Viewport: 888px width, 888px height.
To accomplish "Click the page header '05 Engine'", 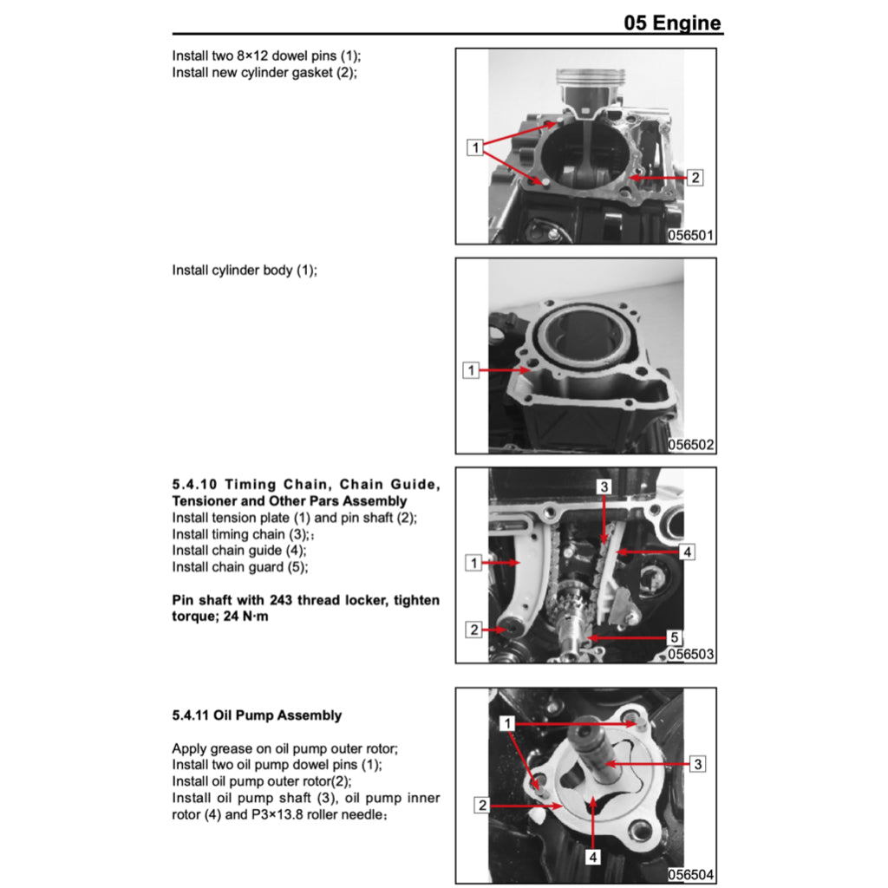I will coord(672,23).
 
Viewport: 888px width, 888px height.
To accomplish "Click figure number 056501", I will coord(691,235).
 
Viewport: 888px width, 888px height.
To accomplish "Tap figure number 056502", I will coord(691,445).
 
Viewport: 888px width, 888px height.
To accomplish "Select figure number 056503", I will coord(691,655).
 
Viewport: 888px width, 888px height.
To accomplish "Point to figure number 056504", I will coord(691,875).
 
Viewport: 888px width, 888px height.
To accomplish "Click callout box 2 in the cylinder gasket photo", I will coord(695,178).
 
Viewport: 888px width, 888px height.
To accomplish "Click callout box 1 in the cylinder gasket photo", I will coord(474,147).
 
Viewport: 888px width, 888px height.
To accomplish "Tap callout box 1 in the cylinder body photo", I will coord(472,371).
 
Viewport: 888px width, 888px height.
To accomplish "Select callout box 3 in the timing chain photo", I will coord(604,487).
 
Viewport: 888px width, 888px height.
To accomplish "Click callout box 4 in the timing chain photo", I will coord(685,552).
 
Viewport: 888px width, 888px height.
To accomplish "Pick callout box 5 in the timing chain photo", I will coord(675,637).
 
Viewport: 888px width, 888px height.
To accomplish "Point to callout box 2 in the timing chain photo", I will coord(473,630).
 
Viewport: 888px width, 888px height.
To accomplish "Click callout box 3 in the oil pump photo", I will coord(697,764).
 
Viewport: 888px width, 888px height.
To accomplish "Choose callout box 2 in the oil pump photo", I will coord(481,806).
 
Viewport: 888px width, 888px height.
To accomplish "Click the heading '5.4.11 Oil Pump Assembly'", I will coord(257,715).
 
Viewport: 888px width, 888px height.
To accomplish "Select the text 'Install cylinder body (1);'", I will coord(245,270).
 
